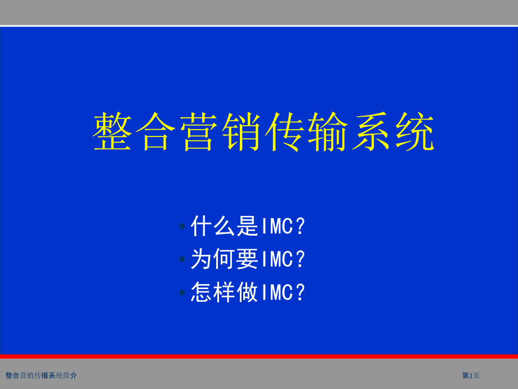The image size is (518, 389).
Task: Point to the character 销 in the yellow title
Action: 242,132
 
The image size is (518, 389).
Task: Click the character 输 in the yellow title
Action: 328,132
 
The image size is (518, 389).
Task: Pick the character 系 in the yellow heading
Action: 372,132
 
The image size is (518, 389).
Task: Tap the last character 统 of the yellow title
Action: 414,132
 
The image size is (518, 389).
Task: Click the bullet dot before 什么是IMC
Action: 182,227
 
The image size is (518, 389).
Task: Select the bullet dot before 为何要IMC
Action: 182,260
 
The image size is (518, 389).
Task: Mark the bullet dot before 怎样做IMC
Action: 182,293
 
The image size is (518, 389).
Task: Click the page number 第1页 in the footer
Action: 471,375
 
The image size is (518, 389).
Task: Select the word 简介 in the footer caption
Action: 70,375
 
